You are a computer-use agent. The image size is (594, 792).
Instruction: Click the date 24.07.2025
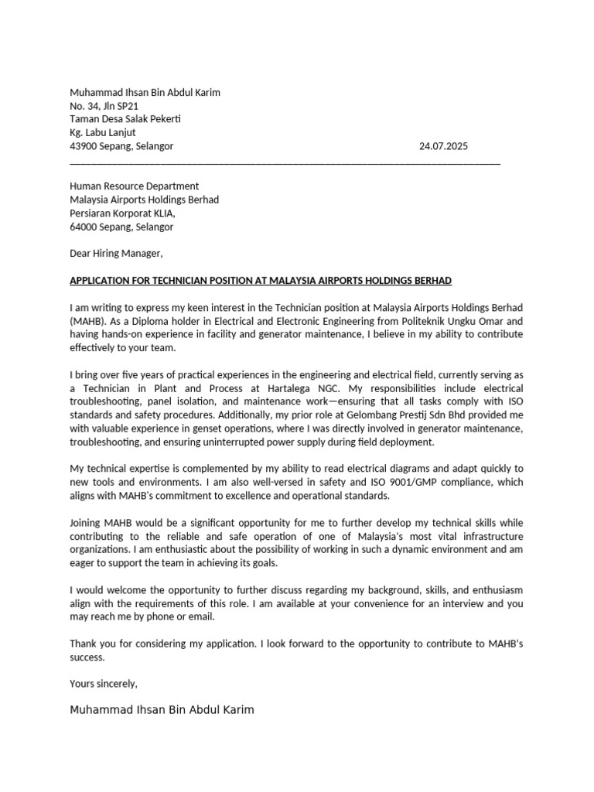click(443, 146)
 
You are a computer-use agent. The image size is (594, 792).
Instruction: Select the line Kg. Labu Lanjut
click(102, 132)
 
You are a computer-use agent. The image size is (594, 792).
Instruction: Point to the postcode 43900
click(84, 146)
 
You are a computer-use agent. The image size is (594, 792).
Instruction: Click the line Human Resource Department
click(134, 186)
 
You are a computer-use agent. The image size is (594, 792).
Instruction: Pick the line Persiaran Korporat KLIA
click(122, 213)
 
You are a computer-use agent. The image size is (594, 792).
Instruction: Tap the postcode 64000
click(84, 227)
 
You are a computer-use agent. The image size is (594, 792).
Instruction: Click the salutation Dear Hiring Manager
click(116, 253)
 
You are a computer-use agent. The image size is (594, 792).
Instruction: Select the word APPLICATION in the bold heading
click(104, 280)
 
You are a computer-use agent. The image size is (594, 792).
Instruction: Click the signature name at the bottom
click(161, 710)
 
